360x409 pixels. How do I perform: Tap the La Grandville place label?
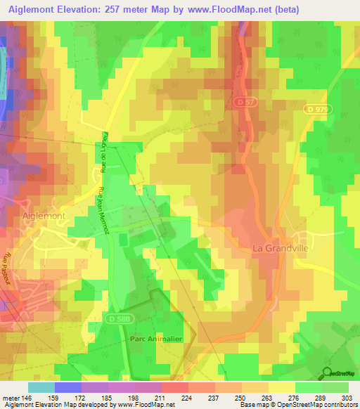[x=280, y=247]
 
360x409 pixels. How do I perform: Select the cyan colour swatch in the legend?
[x=41, y=387]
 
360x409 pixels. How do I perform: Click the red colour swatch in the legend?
[x=174, y=387]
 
